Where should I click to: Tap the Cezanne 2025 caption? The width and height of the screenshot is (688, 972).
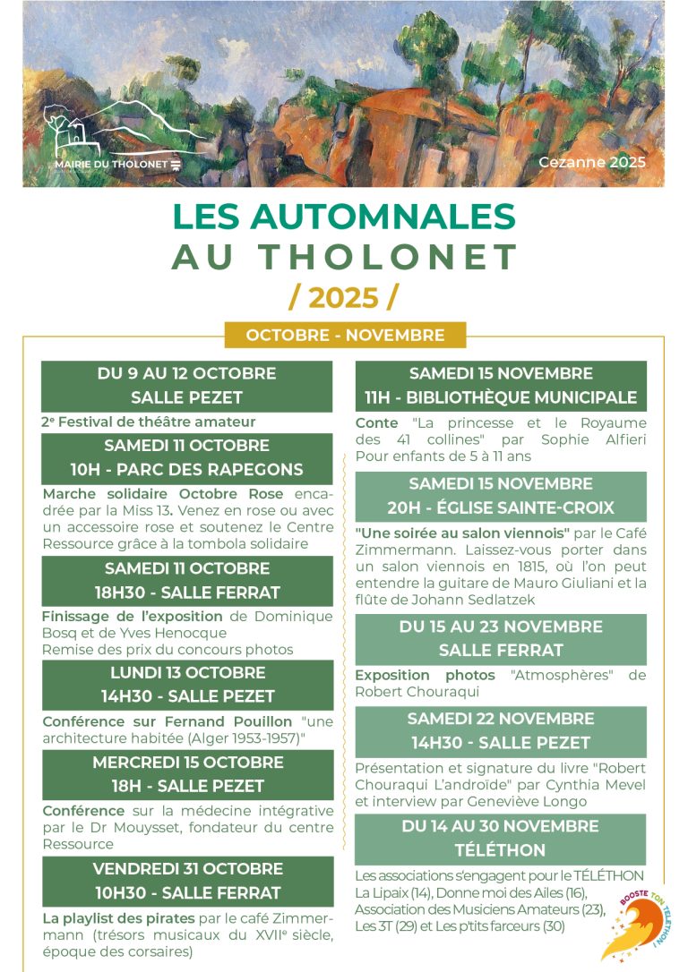[591, 163]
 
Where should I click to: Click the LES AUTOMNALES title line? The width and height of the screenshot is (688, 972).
[344, 217]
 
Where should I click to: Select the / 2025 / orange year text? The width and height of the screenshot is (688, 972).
[344, 295]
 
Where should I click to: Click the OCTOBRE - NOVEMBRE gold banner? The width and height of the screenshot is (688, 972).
[345, 336]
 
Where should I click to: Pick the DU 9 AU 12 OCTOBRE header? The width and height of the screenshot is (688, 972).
[186, 373]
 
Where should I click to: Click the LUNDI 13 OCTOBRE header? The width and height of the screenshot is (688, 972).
[186, 672]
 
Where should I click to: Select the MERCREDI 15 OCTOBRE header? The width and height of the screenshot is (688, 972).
[187, 763]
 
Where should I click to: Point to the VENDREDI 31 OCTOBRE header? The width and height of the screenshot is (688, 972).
[187, 868]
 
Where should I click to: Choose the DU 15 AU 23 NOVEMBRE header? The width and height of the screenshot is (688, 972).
[501, 627]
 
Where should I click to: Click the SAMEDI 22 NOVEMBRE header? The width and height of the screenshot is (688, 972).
[501, 719]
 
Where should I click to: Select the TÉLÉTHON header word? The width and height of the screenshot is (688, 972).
[501, 850]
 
